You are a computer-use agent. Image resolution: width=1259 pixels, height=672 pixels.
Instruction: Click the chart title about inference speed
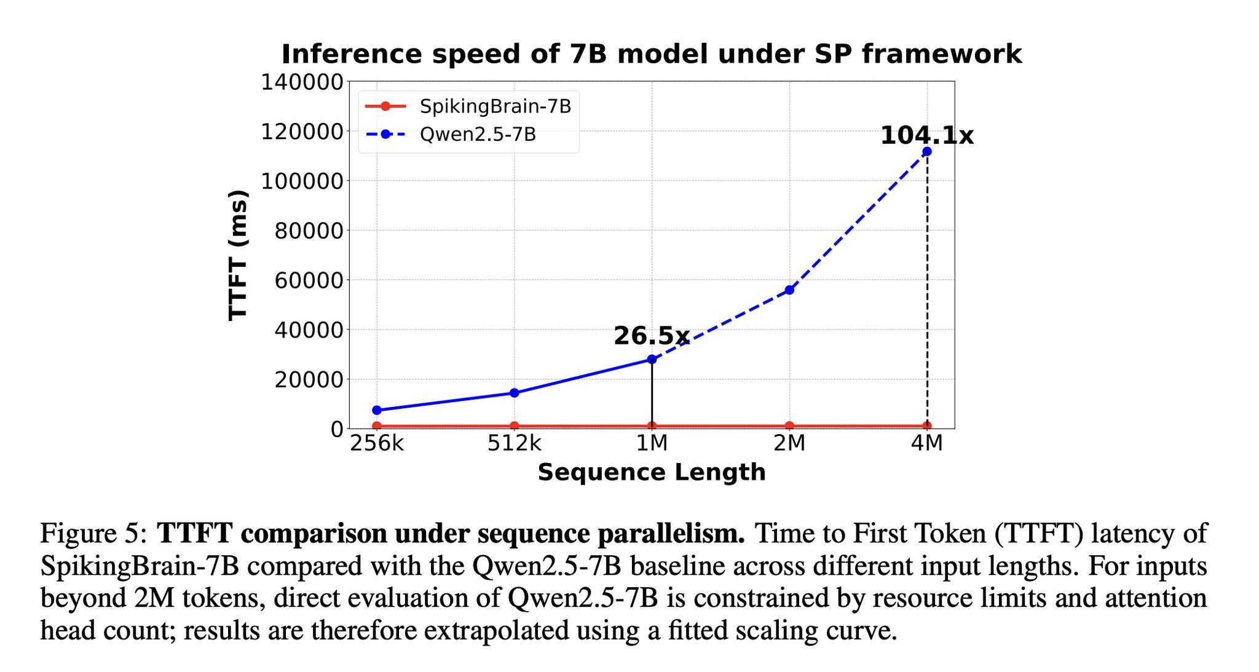[x=652, y=54]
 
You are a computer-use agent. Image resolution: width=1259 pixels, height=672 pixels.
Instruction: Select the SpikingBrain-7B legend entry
[x=468, y=106]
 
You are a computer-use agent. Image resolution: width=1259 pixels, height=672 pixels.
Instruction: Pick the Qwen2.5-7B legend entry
[x=451, y=134]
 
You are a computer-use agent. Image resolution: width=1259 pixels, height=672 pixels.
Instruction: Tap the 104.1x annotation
[x=927, y=135]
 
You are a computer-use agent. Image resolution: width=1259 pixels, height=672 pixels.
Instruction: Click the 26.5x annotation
[x=652, y=336]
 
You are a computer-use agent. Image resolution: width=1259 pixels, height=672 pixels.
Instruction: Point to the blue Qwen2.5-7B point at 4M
[x=927, y=151]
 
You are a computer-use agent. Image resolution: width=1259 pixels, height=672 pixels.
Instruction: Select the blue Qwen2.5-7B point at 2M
[x=789, y=290]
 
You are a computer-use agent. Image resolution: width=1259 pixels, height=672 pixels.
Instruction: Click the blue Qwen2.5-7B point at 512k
[x=515, y=393]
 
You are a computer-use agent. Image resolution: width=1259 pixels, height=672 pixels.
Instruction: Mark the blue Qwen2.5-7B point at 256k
[x=377, y=410]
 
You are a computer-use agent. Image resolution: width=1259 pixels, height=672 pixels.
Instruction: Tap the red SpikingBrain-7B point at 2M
[x=789, y=425]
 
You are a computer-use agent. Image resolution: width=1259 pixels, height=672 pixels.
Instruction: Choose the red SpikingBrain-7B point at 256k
[x=377, y=425]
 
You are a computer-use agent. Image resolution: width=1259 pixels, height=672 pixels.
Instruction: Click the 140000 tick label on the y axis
[x=302, y=82]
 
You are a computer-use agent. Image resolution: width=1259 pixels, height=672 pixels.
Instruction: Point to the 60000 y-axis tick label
[x=309, y=280]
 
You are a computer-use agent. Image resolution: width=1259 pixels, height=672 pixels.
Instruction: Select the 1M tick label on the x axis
[x=652, y=443]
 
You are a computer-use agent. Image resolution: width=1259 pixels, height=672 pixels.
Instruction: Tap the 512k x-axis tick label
[x=515, y=443]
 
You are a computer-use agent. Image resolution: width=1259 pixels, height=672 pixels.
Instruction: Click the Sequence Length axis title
[x=652, y=472]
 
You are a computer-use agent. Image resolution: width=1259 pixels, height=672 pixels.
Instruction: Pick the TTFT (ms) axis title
[x=238, y=255]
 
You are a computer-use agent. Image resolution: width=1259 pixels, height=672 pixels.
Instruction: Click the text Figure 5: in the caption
[x=93, y=534]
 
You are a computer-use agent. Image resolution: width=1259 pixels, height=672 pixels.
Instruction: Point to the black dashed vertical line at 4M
[x=927, y=288]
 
